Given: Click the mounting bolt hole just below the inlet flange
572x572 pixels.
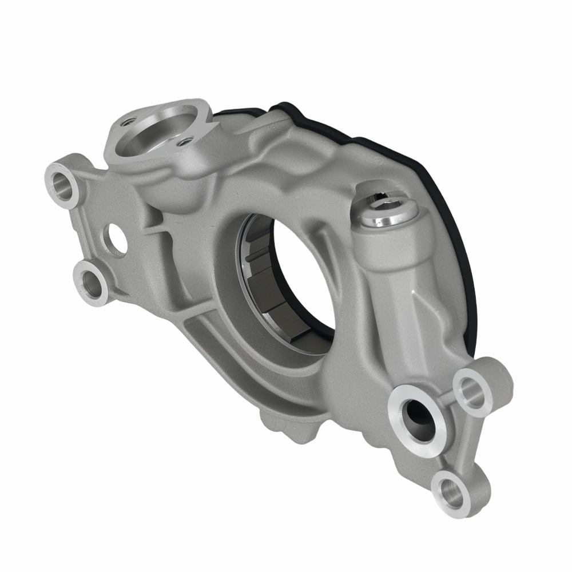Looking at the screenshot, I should point(62,183).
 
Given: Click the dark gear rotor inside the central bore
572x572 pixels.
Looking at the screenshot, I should point(269,280).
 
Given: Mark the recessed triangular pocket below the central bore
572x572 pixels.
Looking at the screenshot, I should point(223,355).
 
